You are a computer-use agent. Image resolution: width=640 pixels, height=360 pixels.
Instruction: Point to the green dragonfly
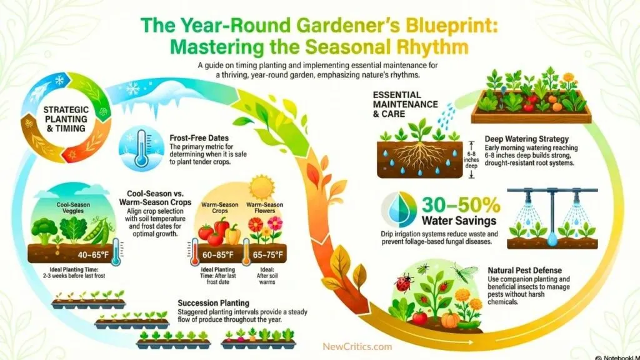(x=466, y=273)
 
